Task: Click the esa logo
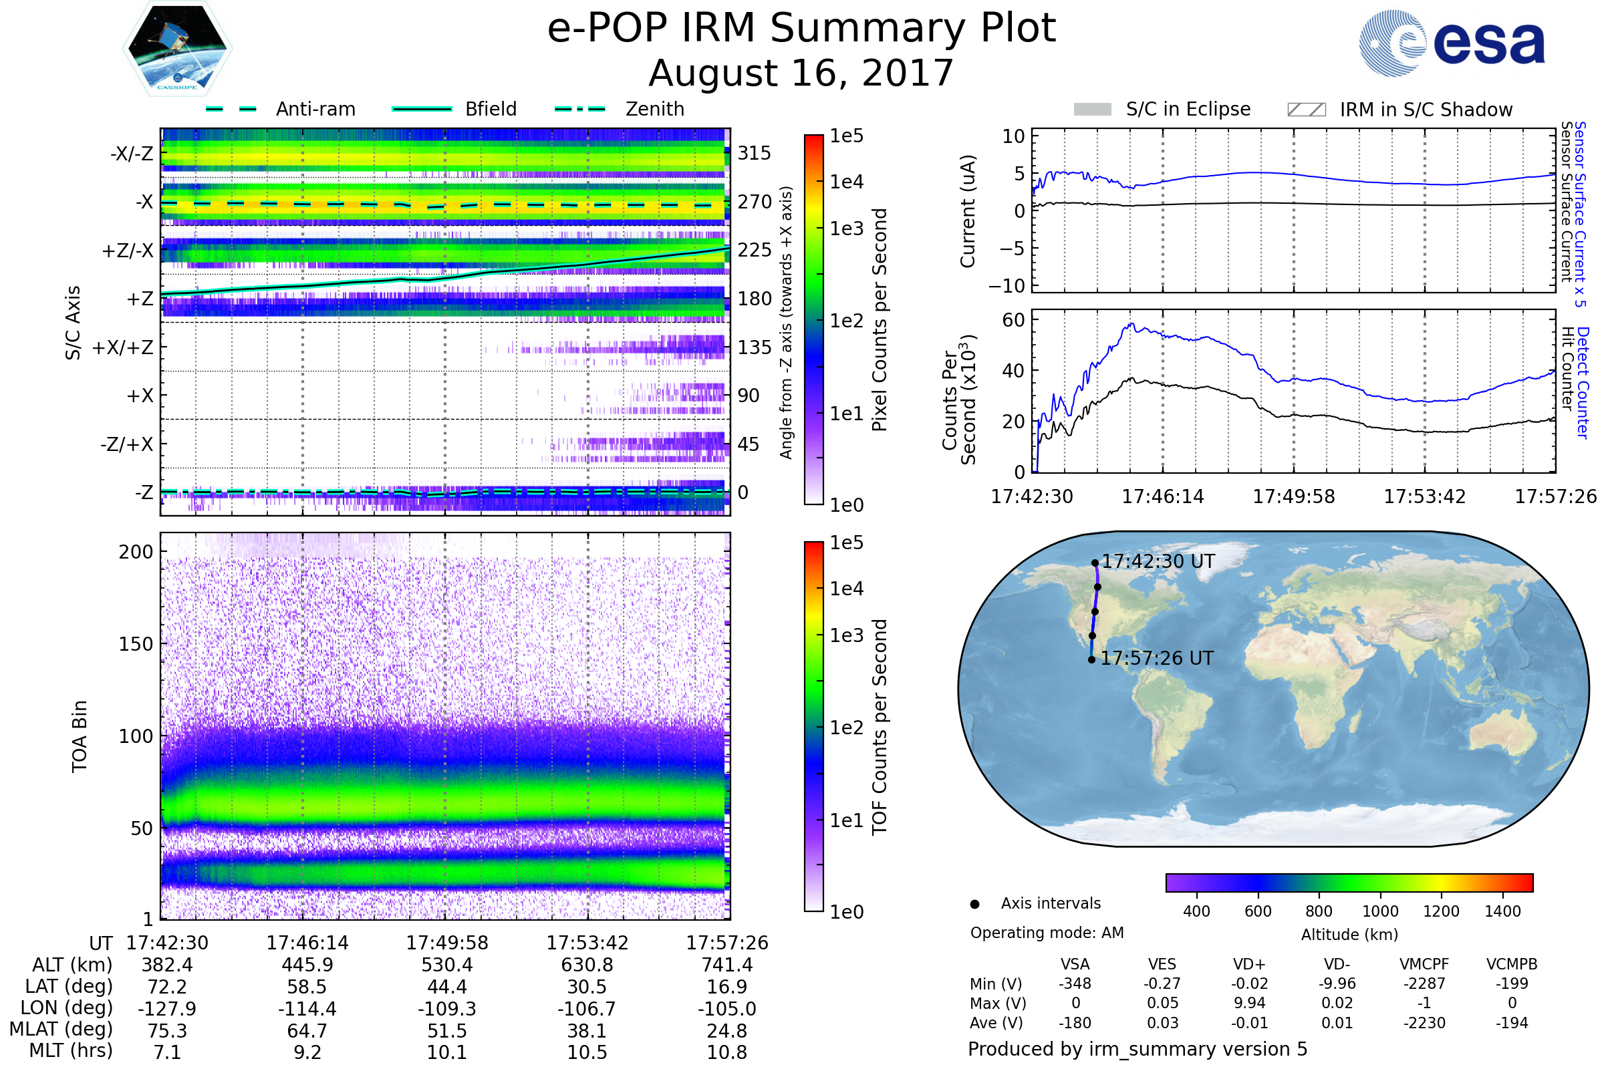click(x=1452, y=43)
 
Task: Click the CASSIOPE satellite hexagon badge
click(x=177, y=48)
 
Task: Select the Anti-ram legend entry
click(x=280, y=109)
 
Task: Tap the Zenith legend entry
click(x=620, y=109)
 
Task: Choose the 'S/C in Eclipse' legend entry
click(x=1162, y=110)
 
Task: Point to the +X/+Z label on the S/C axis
click(x=123, y=347)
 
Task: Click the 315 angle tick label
click(x=755, y=153)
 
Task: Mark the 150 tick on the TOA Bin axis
click(x=136, y=644)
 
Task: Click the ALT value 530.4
click(x=447, y=965)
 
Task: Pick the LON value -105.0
click(x=727, y=1009)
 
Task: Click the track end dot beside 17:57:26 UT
click(x=1091, y=660)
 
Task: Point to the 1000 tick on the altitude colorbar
click(x=1380, y=911)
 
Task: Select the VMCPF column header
click(x=1424, y=965)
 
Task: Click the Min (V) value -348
click(x=1075, y=983)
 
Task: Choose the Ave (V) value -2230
click(x=1424, y=1024)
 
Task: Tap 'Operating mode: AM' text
click(x=1047, y=933)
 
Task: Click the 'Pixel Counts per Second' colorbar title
click(x=880, y=320)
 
